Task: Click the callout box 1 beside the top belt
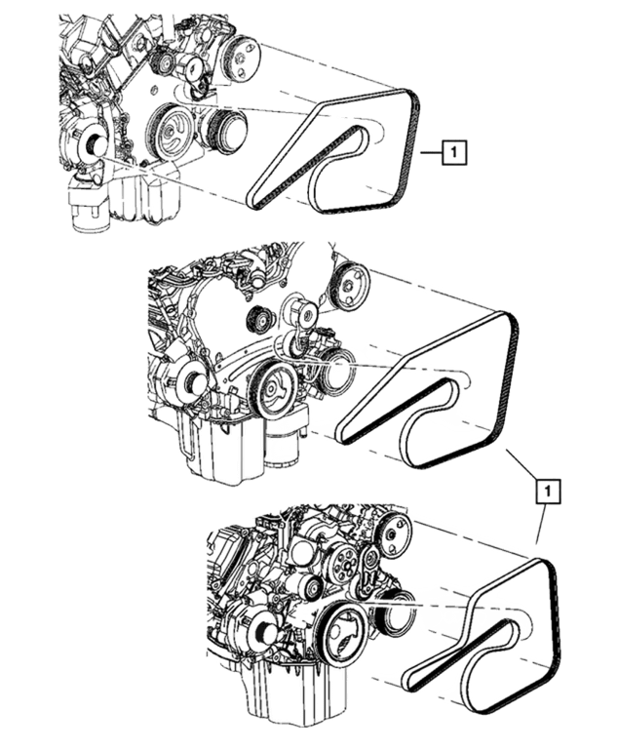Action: click(454, 152)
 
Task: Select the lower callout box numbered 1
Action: click(548, 491)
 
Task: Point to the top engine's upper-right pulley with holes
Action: click(242, 59)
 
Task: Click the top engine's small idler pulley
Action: click(163, 61)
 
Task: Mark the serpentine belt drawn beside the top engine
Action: click(333, 150)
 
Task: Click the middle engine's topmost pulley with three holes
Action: click(350, 289)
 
